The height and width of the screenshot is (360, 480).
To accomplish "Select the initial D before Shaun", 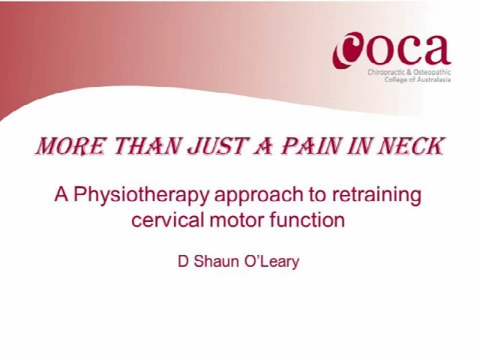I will [x=181, y=262].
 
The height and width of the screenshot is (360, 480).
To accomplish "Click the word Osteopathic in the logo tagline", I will [x=430, y=72].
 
